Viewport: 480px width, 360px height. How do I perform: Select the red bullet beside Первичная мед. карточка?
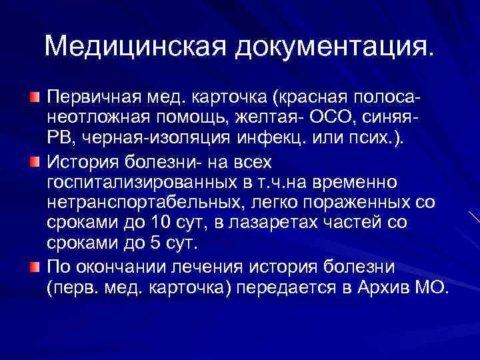click(x=35, y=99)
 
